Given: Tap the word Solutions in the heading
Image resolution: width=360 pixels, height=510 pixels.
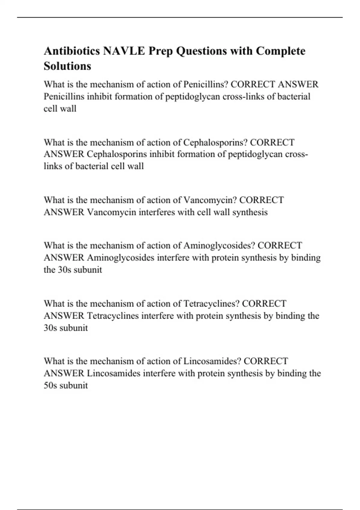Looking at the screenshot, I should pyautogui.click(x=67, y=66).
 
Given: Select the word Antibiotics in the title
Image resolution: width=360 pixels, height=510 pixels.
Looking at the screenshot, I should pyautogui.click(x=72, y=51).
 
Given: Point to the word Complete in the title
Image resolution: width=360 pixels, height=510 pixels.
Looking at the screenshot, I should pyautogui.click(x=280, y=51).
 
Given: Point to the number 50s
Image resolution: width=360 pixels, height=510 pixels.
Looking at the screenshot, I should pyautogui.click(x=50, y=385).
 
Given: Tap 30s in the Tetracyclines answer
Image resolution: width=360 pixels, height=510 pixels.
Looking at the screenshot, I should pyautogui.click(x=50, y=328).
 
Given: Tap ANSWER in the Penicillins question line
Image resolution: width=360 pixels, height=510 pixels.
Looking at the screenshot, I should pyautogui.click(x=298, y=84).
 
